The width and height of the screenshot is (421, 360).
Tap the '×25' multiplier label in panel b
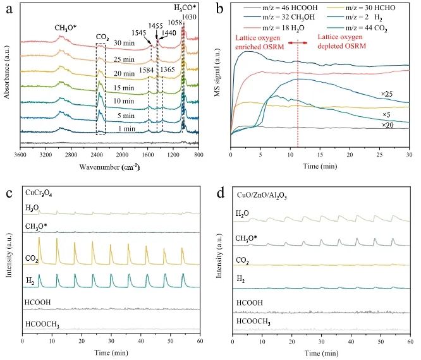(x=387, y=93)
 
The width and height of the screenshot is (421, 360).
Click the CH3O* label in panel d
(x=250, y=238)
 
